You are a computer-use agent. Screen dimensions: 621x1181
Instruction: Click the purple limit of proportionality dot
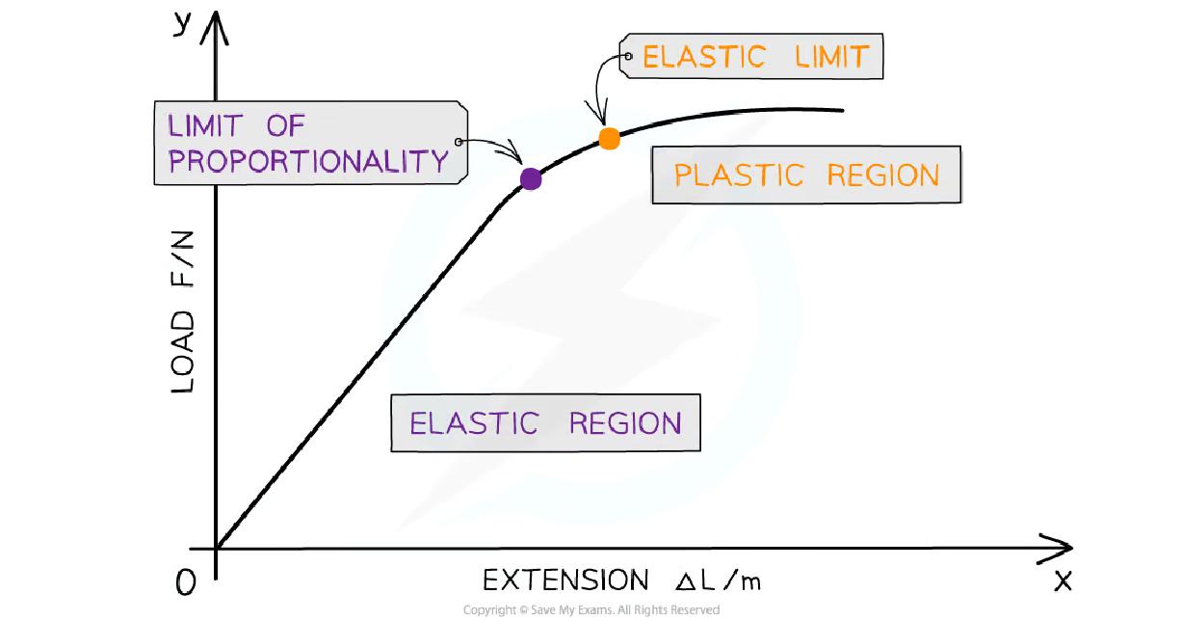coord(530,177)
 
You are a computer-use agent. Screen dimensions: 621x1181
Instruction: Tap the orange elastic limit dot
coord(609,139)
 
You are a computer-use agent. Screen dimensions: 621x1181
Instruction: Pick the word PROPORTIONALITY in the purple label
coord(308,160)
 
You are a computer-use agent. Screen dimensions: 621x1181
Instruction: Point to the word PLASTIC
coord(738,175)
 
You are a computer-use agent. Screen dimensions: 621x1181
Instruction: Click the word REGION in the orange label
coord(882,175)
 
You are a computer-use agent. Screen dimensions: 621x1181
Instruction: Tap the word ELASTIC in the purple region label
coord(473,423)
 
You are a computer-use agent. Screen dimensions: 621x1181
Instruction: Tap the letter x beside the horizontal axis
coord(1063,580)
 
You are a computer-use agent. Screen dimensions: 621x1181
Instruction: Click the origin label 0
coord(186,582)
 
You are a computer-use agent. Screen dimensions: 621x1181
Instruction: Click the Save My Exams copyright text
coord(590,609)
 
